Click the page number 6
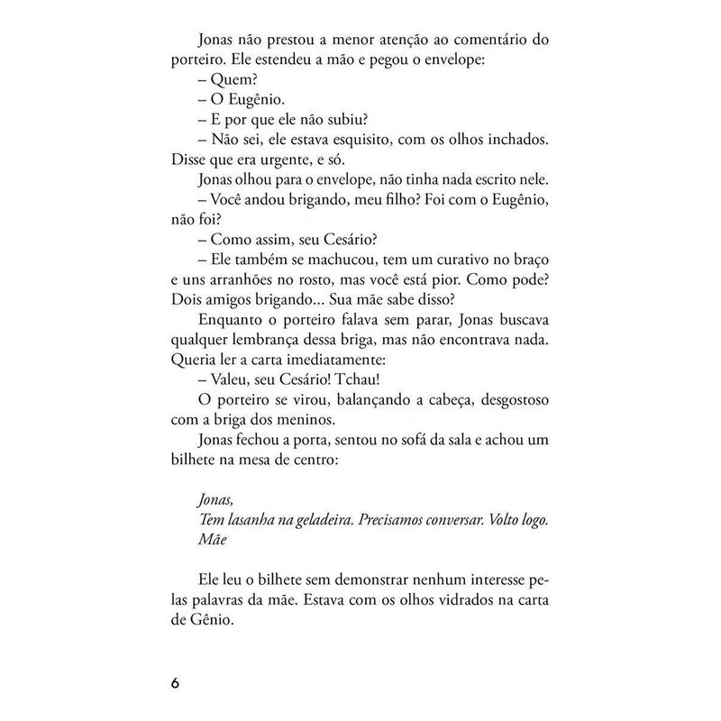coord(176,680)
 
